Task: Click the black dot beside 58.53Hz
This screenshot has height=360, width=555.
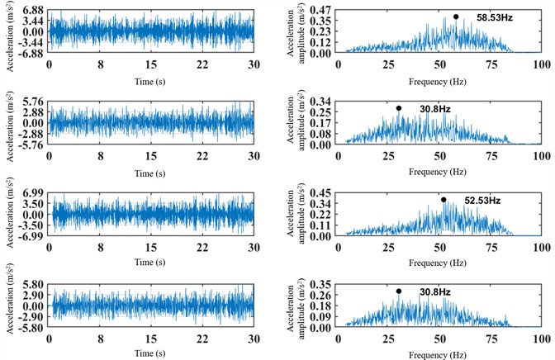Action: tap(456, 17)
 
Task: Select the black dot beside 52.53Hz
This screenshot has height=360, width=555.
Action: tap(444, 199)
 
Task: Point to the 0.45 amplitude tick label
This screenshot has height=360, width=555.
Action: tap(325, 192)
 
